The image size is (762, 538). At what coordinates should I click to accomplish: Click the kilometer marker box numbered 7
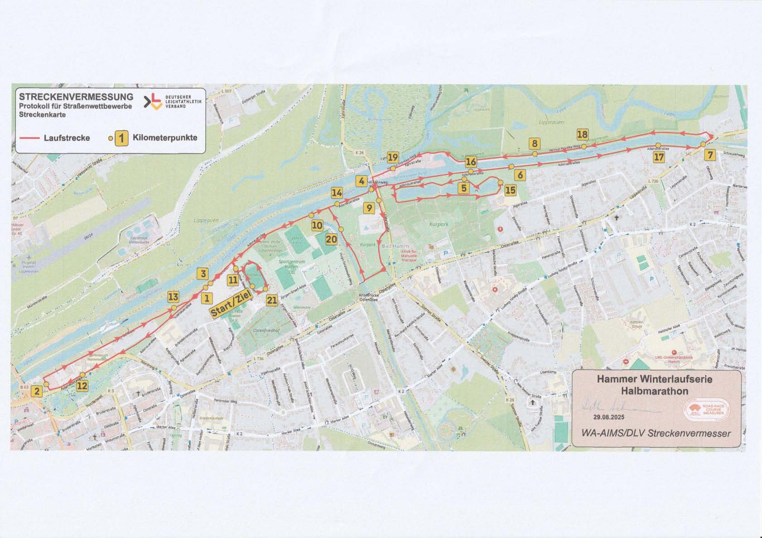[x=710, y=155]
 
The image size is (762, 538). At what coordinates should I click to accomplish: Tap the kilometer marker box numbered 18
[x=582, y=134]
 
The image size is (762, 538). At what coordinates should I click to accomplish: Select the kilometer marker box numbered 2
[x=37, y=391]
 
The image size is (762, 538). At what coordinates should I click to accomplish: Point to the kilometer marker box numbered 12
[x=82, y=386]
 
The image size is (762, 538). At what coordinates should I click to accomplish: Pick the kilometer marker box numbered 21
[x=272, y=300]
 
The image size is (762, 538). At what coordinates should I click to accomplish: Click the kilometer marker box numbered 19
[x=393, y=157]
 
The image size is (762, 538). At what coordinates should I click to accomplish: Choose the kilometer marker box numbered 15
[x=510, y=190]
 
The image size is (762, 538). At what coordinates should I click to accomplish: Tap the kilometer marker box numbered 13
[x=173, y=297]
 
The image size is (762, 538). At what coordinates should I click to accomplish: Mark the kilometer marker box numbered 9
[x=370, y=208]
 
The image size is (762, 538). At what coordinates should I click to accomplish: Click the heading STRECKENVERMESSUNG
[x=76, y=96]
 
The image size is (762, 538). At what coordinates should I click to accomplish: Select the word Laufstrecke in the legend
[x=67, y=138]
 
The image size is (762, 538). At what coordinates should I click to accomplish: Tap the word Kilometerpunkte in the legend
[x=165, y=138]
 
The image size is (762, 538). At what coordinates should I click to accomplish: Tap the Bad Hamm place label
[x=395, y=246]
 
